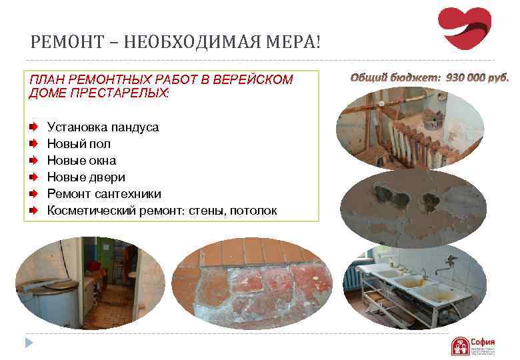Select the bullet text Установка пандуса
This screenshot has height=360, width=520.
click(x=103, y=127)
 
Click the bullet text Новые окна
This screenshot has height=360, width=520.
click(x=81, y=161)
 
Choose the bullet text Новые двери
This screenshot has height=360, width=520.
click(x=86, y=177)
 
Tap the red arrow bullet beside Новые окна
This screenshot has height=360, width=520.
click(x=33, y=161)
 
